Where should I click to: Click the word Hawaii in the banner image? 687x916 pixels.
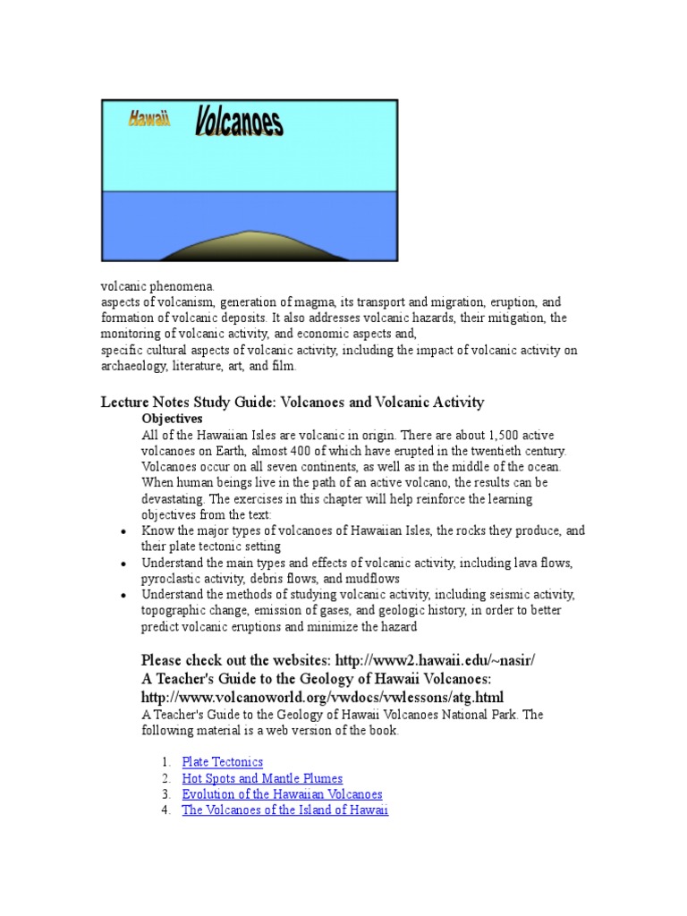pyautogui.click(x=148, y=119)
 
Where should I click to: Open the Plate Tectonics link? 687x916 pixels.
pyautogui.click(x=222, y=762)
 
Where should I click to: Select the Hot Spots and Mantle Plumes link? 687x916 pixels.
pyautogui.click(x=262, y=778)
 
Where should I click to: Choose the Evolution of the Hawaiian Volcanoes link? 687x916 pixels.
pyautogui.click(x=282, y=794)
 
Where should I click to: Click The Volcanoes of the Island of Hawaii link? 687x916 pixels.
pyautogui.click(x=284, y=810)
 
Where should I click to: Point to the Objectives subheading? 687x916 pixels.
pyautogui.click(x=172, y=419)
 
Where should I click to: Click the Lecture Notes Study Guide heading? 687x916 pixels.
pyautogui.click(x=292, y=403)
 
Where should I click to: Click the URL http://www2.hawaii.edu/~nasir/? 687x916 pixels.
pyautogui.click(x=435, y=660)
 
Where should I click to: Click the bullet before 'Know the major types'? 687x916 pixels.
pyautogui.click(x=122, y=531)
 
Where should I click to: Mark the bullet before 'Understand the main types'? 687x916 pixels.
pyautogui.click(x=122, y=564)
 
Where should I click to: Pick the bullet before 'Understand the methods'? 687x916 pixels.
pyautogui.click(x=122, y=596)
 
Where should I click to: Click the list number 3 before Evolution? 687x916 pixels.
pyautogui.click(x=166, y=794)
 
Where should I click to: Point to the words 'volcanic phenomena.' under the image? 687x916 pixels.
pyautogui.click(x=157, y=286)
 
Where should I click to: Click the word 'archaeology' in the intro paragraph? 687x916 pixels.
pyautogui.click(x=131, y=367)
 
